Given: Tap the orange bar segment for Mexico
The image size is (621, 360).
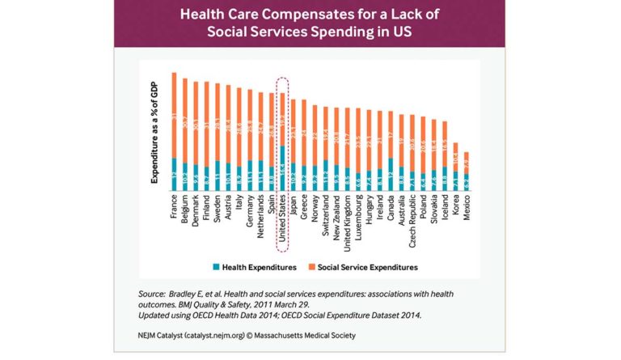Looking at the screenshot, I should [466, 162].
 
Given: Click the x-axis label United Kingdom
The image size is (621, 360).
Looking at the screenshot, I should [347, 219].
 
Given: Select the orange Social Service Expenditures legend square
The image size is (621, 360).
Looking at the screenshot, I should [311, 266].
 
